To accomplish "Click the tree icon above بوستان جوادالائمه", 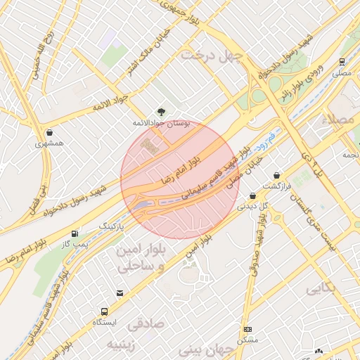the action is coord(161,111).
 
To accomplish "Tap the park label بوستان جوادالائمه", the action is coord(162,122).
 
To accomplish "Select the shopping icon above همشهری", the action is coord(49,132).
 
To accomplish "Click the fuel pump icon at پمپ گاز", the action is coord(75,233).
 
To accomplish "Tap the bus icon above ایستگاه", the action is coord(105,311).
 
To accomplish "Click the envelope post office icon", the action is coord(120,293).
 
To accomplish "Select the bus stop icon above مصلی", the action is coord(342,62).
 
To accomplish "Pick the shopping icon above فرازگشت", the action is coord(276,175).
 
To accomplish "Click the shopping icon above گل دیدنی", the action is coord(252,196).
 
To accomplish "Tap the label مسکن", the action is coord(247,340).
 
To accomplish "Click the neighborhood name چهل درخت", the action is coord(212,55).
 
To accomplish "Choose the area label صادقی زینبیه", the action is coord(130,333).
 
